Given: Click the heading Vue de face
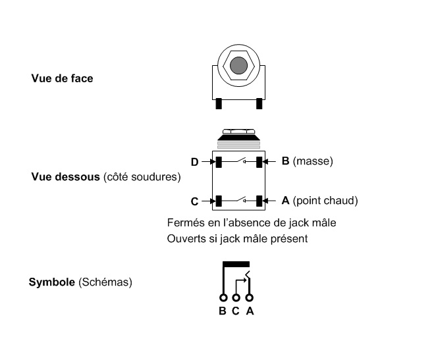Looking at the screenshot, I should (x=62, y=78).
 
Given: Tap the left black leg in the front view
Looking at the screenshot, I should (x=217, y=103).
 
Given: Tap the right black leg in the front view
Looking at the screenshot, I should (x=259, y=103).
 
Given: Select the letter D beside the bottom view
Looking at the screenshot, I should (x=195, y=161).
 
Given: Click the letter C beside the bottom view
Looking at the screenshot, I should (x=196, y=201).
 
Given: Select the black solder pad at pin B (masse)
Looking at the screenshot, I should (x=259, y=161).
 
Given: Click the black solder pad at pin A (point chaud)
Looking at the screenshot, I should (x=259, y=200).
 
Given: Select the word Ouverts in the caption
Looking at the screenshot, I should (x=186, y=237).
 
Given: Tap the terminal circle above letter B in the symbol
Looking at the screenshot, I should (x=223, y=297).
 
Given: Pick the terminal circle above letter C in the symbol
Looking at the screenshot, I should (x=236, y=297).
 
